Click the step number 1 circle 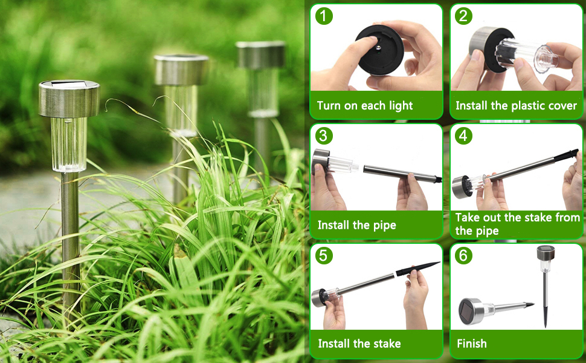[x=324, y=16]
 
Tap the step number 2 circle [x=463, y=16]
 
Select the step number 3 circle [x=324, y=136]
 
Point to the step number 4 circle [x=463, y=136]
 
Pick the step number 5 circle [x=324, y=255]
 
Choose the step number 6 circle [x=463, y=255]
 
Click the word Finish [x=472, y=344]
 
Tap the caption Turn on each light [x=365, y=106]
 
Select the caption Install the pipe [x=356, y=225]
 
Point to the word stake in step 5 [x=387, y=344]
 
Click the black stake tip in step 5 [x=417, y=268]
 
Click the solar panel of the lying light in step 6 [x=467, y=312]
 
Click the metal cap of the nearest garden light [x=69, y=99]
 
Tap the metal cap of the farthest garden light [x=261, y=54]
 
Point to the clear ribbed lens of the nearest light [x=69, y=145]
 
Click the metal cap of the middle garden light [x=181, y=70]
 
